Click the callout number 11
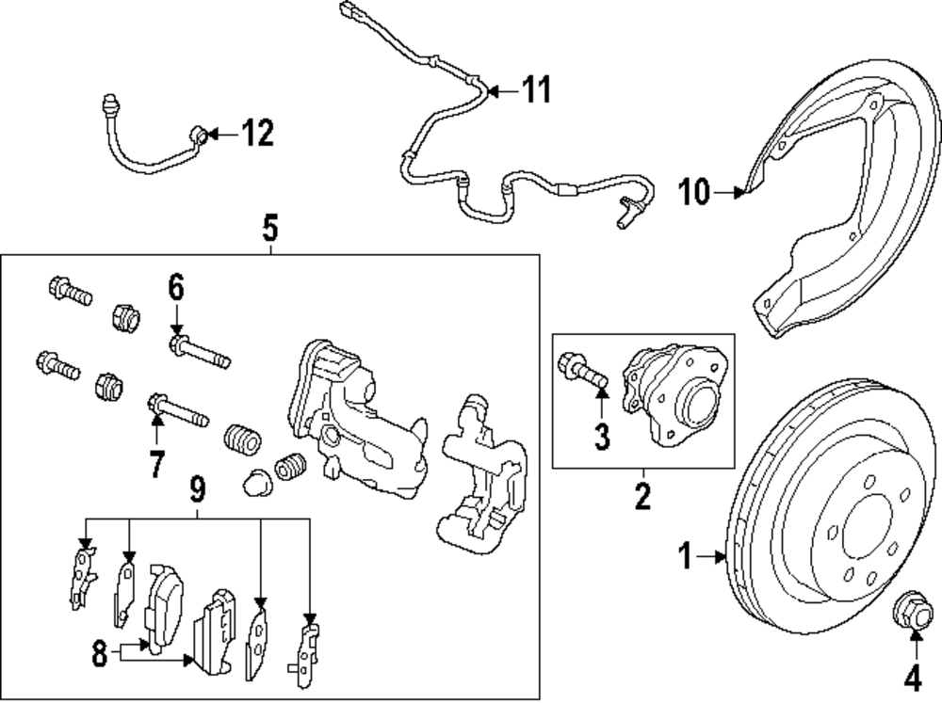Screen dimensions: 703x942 pyautogui.click(x=535, y=90)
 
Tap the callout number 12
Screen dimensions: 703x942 pyautogui.click(x=256, y=134)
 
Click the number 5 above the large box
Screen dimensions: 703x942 pyautogui.click(x=270, y=228)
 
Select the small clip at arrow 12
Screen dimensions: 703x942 pyautogui.click(x=199, y=135)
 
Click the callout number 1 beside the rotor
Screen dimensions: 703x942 pyautogui.click(x=687, y=557)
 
